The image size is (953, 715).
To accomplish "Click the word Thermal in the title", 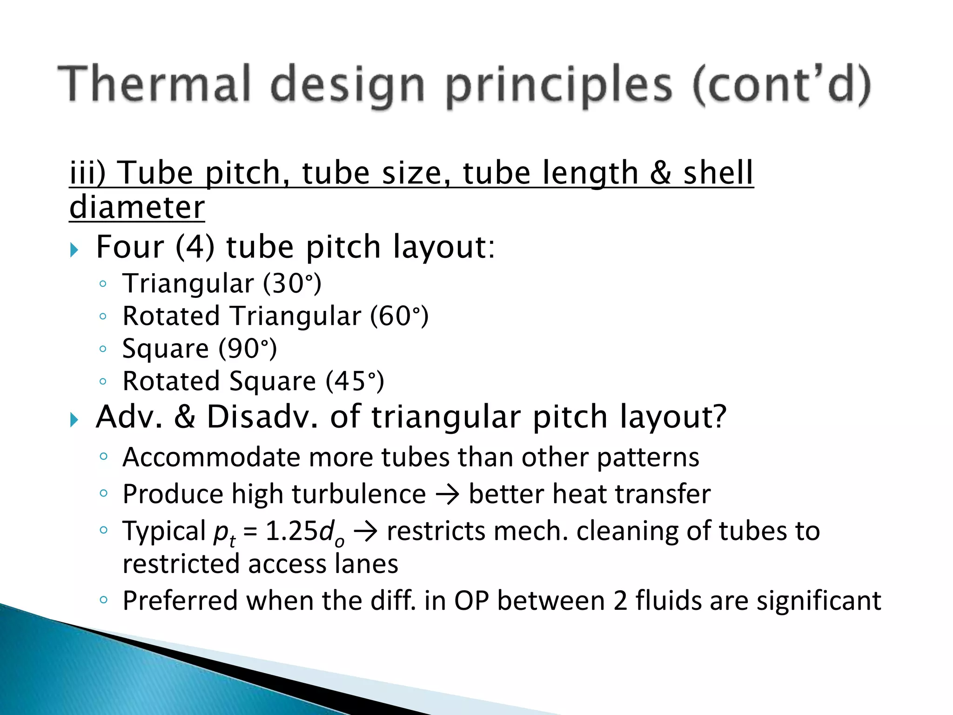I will point(155,84).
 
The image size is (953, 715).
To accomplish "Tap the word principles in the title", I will point(559,86).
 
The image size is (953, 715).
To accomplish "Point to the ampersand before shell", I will point(660,173).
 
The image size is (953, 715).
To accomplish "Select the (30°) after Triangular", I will point(292,283).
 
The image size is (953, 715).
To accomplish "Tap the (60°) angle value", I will point(399,316).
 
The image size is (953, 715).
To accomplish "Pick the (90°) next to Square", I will point(248,349).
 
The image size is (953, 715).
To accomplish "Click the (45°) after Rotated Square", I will point(355,381).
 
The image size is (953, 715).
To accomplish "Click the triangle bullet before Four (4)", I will point(74,250).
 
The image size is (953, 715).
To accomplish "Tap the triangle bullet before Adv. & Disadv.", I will point(74,420).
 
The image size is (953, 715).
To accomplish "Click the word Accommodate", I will point(211,457).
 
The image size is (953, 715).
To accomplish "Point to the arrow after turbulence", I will point(447,495).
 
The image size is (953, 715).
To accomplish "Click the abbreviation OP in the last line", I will point(471,601).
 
